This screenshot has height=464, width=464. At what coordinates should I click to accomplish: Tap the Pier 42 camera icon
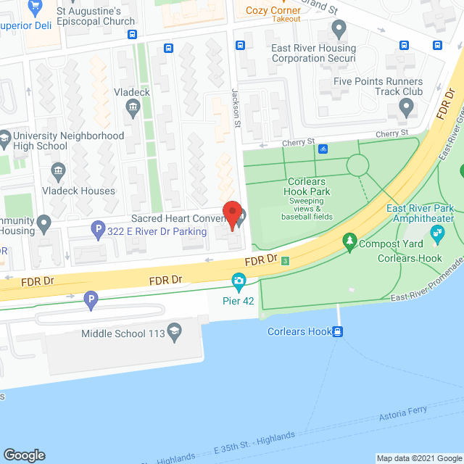(x=238, y=281)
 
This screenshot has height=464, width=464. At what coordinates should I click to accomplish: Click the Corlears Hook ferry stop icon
(x=337, y=332)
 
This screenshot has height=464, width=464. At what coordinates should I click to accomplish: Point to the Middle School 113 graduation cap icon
(x=173, y=333)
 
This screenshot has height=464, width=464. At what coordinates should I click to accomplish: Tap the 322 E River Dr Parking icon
(x=98, y=231)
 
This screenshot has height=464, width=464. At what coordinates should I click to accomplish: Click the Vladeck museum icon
(x=133, y=109)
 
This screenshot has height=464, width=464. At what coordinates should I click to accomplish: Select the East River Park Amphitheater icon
(x=437, y=233)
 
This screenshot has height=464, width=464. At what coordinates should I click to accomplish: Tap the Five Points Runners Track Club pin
(x=405, y=109)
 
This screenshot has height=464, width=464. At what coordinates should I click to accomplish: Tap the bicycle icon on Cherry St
(x=323, y=149)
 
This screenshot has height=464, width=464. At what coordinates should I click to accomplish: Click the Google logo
(x=24, y=455)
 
